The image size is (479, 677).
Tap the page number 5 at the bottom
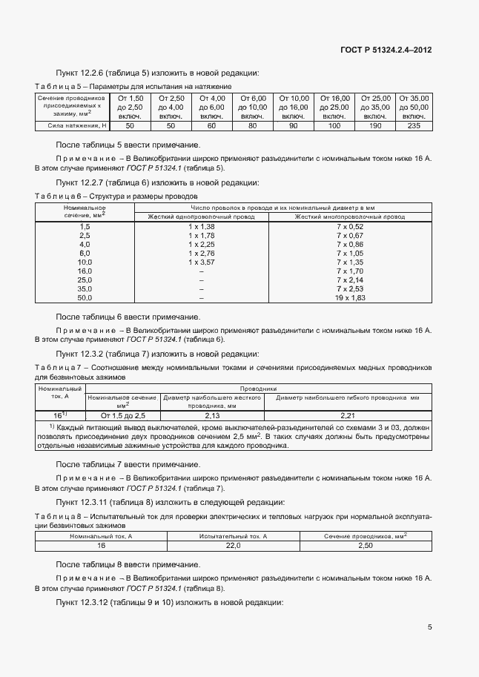click(x=429, y=627)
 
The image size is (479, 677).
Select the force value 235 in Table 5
click(x=414, y=126)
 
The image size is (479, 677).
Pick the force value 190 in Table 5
click(x=375, y=126)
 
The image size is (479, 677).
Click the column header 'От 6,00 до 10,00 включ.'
click(x=253, y=107)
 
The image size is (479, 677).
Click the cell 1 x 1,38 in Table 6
click(x=201, y=225)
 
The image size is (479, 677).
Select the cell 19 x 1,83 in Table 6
click(x=351, y=297)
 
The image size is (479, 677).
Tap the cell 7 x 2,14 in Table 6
click(x=351, y=280)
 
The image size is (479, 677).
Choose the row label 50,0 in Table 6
click(x=85, y=297)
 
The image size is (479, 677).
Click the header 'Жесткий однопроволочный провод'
click(x=201, y=217)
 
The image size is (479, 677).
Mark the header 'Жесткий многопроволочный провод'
click(x=351, y=217)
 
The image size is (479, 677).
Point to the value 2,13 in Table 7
click(x=212, y=416)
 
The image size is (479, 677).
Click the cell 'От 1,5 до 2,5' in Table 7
click(x=122, y=416)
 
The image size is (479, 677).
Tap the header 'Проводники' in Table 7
click(x=258, y=388)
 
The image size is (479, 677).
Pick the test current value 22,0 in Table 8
click(x=233, y=545)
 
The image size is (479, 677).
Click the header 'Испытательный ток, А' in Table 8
click(x=233, y=535)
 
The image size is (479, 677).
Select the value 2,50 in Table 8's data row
click(x=366, y=545)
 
